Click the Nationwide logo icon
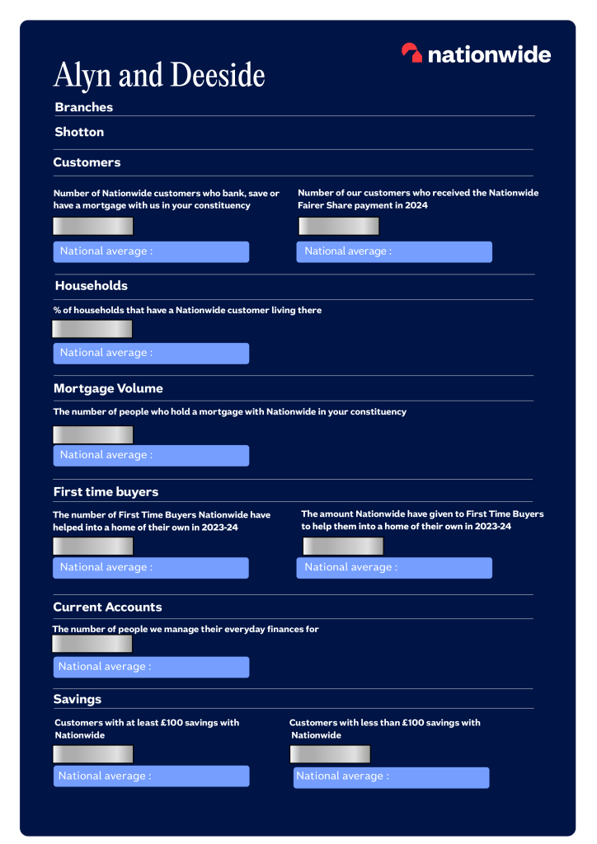[x=411, y=54]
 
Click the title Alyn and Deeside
[x=159, y=76]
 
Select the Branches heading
[x=84, y=107]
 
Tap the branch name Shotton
[x=79, y=132]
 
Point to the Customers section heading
[x=87, y=162]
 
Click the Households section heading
[x=91, y=286]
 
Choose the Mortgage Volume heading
[x=108, y=388]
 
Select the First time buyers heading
[x=106, y=492]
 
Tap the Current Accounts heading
[x=107, y=607]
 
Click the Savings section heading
[x=78, y=699]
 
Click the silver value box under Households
[x=92, y=329]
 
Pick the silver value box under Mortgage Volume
[x=93, y=434]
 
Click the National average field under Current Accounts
[x=151, y=667]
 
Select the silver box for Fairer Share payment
[x=338, y=226]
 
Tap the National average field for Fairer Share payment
[x=394, y=251]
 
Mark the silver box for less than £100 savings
[x=330, y=754]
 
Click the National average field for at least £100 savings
[x=151, y=776]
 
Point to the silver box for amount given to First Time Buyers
[x=343, y=546]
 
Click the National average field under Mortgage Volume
[x=151, y=455]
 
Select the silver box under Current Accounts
[x=92, y=644]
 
